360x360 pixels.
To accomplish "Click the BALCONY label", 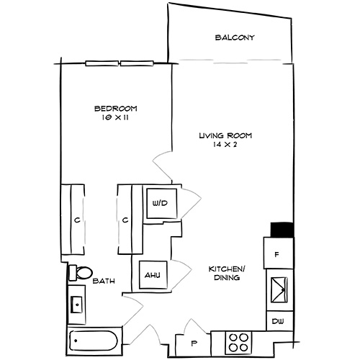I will [x=235, y=37].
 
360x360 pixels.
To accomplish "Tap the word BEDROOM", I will [x=115, y=109].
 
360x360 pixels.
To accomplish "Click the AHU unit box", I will [x=152, y=274].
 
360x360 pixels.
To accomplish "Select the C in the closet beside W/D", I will [x=125, y=220].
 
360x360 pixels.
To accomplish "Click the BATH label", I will [x=102, y=282].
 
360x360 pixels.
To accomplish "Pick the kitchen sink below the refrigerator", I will [x=279, y=292].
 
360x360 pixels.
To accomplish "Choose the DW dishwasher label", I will [x=278, y=321].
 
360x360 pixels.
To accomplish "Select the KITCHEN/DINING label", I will [x=225, y=272].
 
